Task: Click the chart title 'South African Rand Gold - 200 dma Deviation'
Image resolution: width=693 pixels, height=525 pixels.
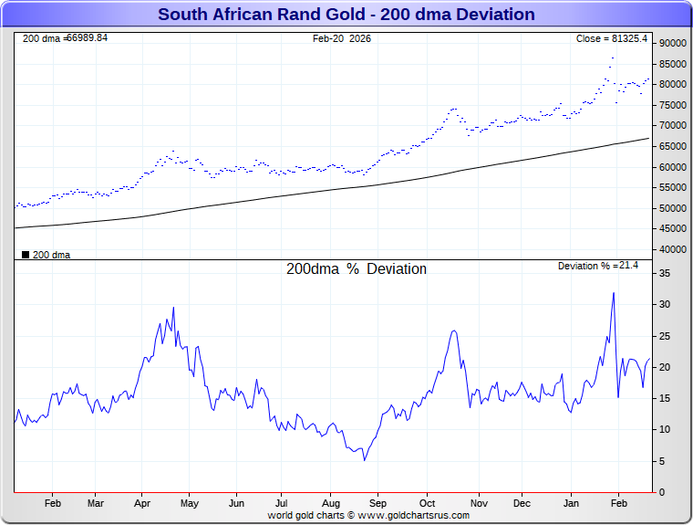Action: pos(346,15)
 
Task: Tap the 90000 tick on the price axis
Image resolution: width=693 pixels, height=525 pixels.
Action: pos(672,43)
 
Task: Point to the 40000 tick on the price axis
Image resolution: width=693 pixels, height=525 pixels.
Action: pos(672,249)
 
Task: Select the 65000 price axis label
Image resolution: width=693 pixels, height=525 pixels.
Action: pos(672,146)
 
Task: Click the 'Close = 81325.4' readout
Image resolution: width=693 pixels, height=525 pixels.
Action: pos(612,38)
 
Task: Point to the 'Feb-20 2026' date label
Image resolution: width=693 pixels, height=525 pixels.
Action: pos(342,38)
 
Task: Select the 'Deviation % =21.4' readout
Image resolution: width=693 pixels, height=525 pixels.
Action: pos(598,266)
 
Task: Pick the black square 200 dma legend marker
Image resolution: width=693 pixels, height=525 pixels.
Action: pos(26,255)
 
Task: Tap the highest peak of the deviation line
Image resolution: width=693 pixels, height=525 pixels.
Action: pos(614,293)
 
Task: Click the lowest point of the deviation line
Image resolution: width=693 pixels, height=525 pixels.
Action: pos(364,459)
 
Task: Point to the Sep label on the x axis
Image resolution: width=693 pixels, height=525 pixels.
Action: pos(378,503)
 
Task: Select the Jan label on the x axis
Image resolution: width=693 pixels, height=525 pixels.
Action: pos(572,503)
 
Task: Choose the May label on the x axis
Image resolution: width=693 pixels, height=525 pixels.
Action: pos(190,503)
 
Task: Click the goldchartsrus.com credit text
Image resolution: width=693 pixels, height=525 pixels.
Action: pos(368,515)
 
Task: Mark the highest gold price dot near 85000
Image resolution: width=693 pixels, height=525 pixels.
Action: pos(613,58)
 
